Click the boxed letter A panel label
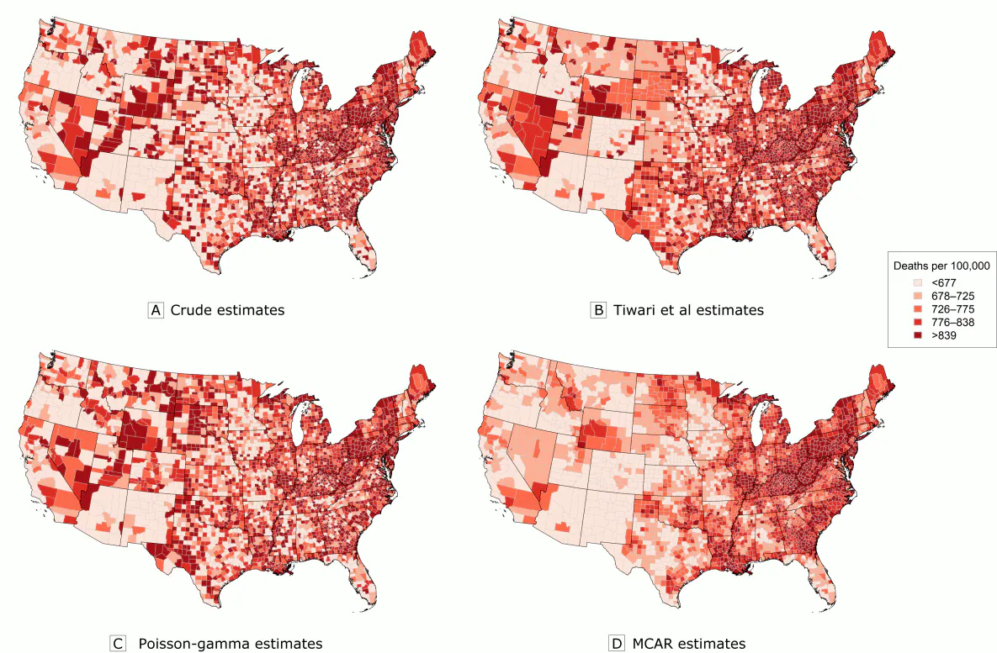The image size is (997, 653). point(155,309)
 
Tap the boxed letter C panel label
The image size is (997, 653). point(118,644)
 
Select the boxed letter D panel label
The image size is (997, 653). point(618,644)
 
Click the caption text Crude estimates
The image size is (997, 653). point(227,309)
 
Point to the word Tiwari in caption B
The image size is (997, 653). point(635,309)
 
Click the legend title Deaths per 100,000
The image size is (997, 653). point(941,266)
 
